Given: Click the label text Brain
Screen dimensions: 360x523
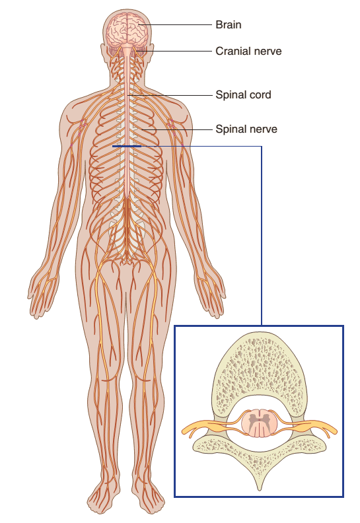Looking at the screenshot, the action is [x=228, y=24].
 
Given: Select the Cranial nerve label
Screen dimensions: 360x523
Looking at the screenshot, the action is [x=248, y=51].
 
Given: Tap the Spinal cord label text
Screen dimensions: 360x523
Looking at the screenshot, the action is [x=243, y=94].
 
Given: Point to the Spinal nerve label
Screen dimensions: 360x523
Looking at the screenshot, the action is [x=246, y=129].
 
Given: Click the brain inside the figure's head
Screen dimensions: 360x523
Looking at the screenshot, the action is [x=127, y=30].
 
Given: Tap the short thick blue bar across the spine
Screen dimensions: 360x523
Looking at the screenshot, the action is [x=127, y=146].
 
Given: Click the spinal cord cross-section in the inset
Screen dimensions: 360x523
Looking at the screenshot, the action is [x=259, y=423].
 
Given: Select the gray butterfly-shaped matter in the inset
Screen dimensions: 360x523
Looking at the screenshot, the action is [x=259, y=421].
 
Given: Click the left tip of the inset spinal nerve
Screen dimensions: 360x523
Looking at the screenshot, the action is [x=183, y=431].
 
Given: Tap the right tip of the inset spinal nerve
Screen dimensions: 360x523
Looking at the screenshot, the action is [x=336, y=431].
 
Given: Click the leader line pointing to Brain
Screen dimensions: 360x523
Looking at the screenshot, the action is [x=175, y=24].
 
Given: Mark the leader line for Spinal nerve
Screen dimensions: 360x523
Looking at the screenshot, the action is [x=176, y=129].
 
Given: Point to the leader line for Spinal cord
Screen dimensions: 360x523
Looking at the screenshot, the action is [x=170, y=95].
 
